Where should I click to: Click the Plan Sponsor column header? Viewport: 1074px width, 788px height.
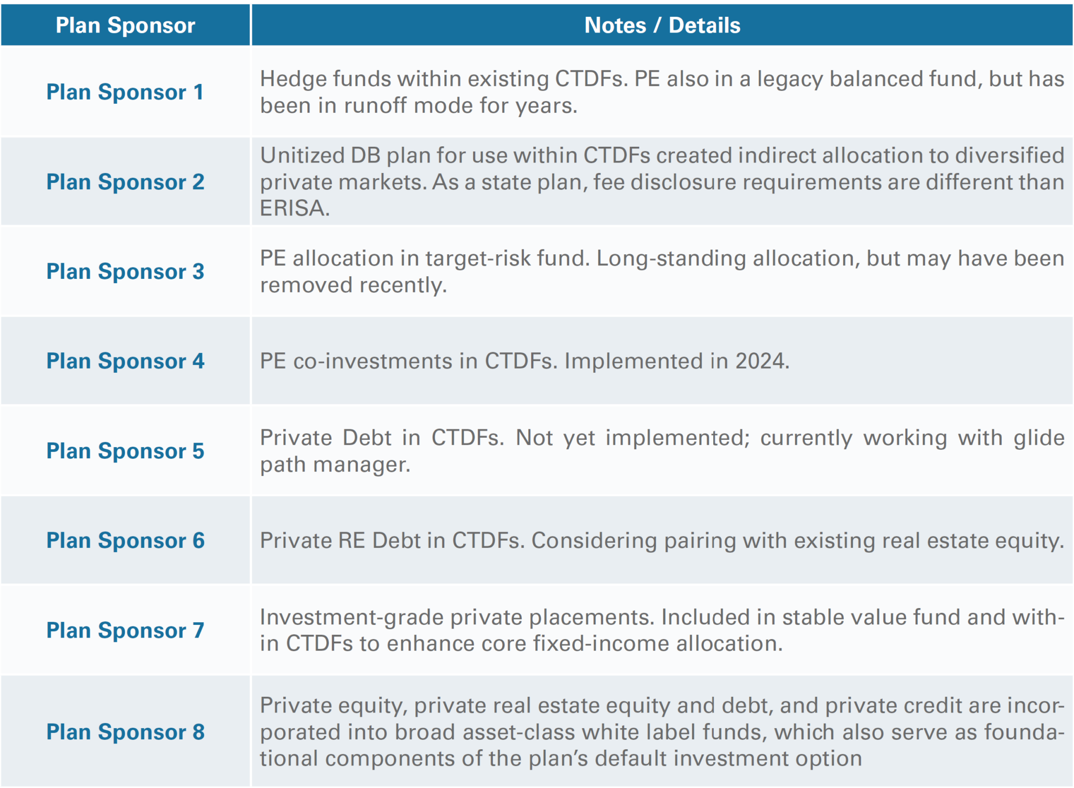tap(125, 25)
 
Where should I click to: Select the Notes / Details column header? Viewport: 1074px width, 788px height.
tap(662, 25)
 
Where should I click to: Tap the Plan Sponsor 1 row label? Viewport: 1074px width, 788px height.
tap(125, 92)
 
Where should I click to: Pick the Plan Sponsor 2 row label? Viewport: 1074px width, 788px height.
tap(125, 182)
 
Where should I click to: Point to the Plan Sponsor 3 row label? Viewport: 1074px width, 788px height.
tap(125, 272)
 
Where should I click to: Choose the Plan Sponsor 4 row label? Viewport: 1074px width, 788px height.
tap(125, 361)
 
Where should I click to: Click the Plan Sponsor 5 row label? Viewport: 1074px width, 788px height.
tap(125, 451)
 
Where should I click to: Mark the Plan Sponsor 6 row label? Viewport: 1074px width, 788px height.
tap(125, 541)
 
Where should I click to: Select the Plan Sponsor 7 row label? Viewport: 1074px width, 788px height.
tap(125, 630)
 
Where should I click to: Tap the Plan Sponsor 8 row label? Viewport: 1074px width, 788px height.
tap(125, 732)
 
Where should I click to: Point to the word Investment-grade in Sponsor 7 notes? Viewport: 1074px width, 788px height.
tap(351, 618)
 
